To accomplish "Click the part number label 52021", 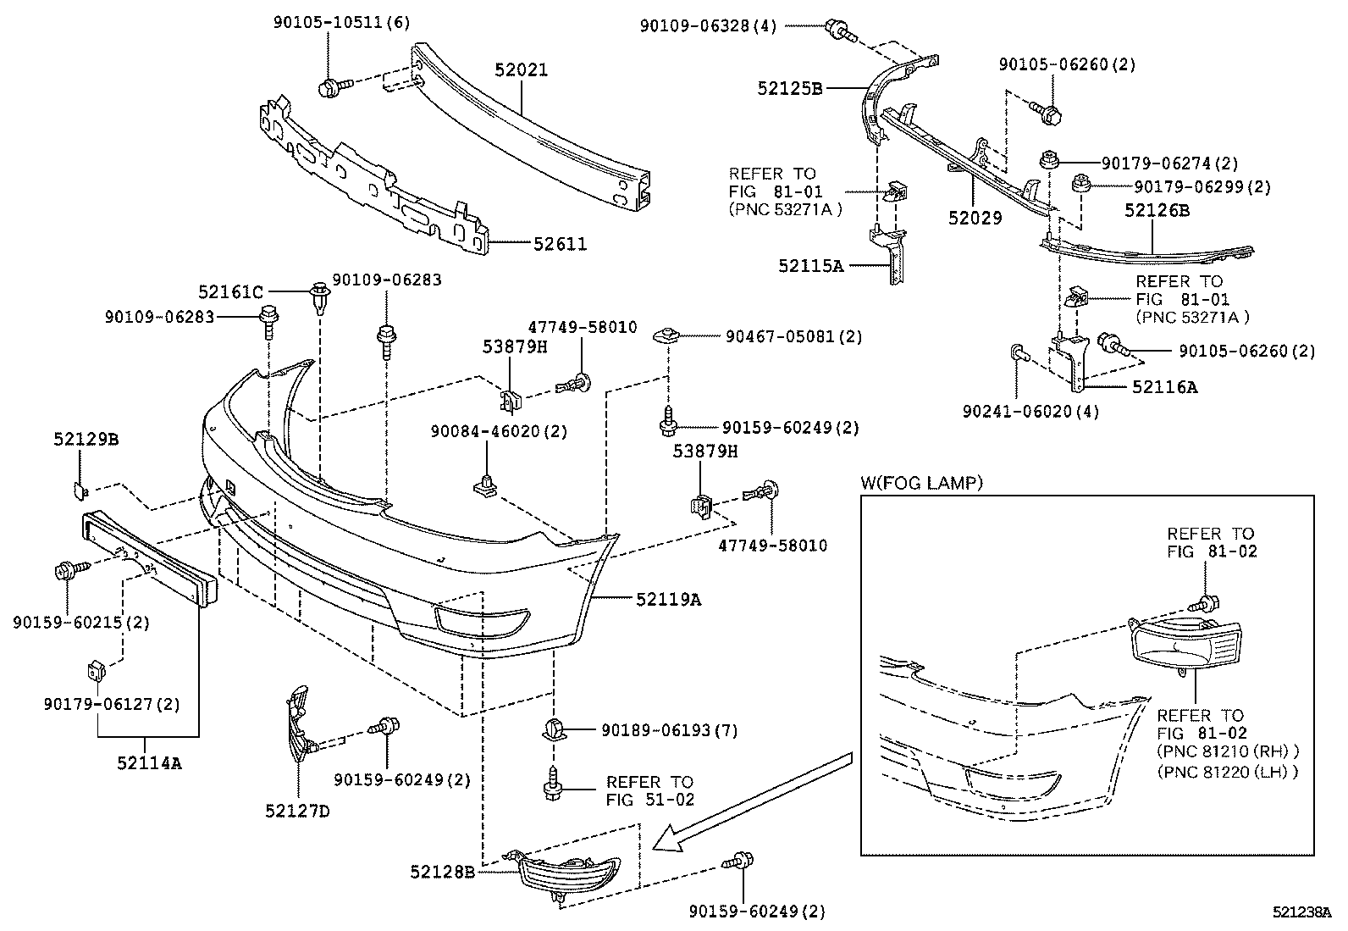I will pos(521,70).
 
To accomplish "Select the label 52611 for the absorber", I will pos(560,244).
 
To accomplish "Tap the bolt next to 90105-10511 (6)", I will pos(329,86).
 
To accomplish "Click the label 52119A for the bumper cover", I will pos(669,600).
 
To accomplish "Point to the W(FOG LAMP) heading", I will pos(921,483).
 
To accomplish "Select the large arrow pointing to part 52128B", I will pos(754,796).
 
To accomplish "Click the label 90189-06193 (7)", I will pos(669,730).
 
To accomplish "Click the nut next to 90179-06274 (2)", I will pos(1048,158).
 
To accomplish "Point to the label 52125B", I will pos(790,87).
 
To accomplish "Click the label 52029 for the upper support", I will pos(975,218).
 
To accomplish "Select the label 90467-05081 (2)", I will pos(793,336).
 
